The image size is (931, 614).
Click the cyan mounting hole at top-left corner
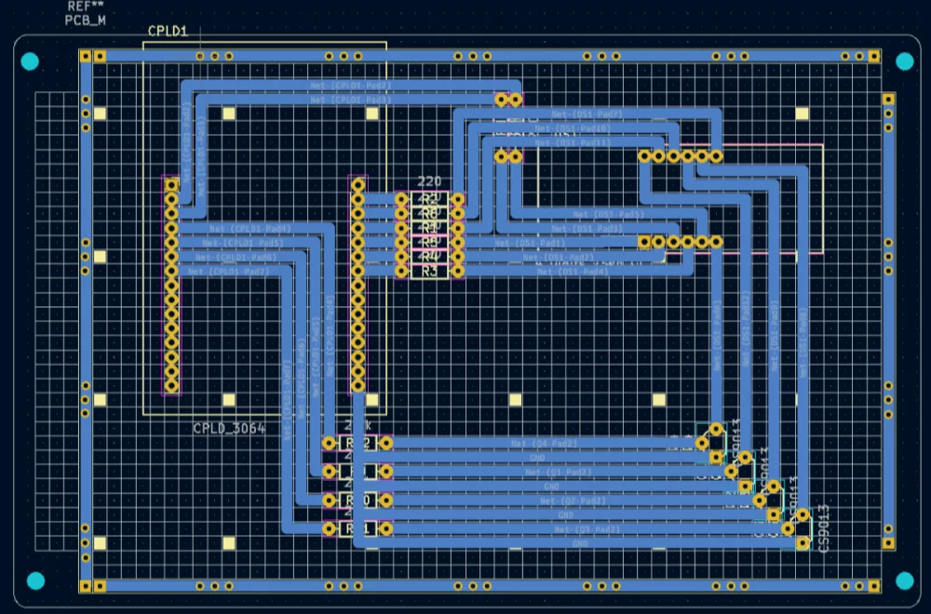point(30,62)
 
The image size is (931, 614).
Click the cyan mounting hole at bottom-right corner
point(904,581)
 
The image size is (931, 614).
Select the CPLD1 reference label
point(168,32)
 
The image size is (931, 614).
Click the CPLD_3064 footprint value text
point(229,429)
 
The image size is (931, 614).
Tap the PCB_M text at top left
point(85,20)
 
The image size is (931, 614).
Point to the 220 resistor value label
point(429,181)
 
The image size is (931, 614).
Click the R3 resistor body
point(429,272)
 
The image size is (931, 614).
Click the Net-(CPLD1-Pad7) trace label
point(228,272)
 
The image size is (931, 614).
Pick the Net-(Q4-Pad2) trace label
point(545,443)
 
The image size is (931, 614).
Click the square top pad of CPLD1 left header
point(171,185)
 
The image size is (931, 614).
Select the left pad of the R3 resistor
point(402,272)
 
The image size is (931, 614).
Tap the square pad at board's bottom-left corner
point(86,586)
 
